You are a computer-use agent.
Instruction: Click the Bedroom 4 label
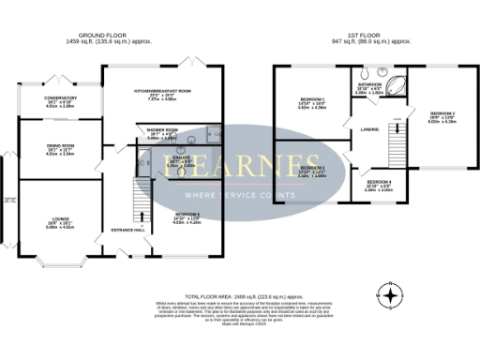378,181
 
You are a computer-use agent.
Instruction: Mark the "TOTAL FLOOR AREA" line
240,293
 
